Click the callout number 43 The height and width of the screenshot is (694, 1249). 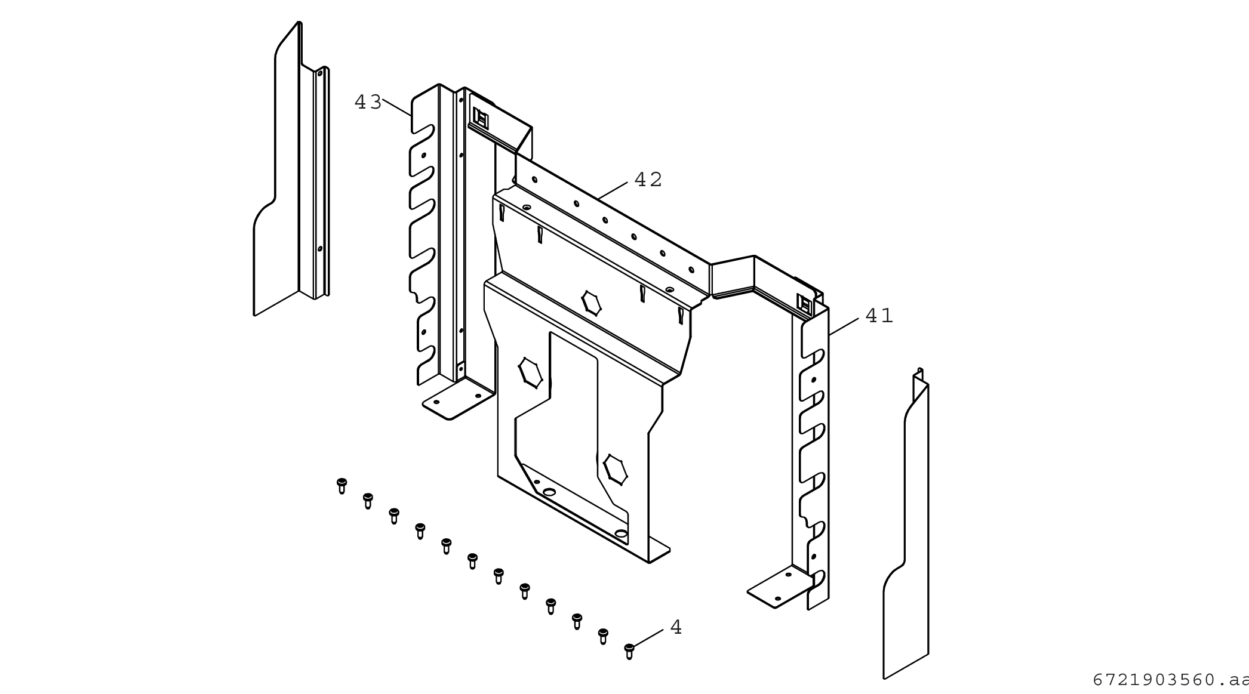(x=368, y=103)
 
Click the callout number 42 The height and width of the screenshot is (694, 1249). (x=648, y=180)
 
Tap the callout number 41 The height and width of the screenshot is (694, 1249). (x=879, y=316)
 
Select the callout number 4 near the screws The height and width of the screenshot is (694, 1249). (x=676, y=627)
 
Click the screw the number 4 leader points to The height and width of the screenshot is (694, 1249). (x=629, y=650)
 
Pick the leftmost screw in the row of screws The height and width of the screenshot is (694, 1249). (x=342, y=485)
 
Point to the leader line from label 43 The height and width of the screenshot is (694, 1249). (x=397, y=108)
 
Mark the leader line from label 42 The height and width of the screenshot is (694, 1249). (x=612, y=190)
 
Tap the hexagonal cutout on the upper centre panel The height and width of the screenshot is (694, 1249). (x=591, y=303)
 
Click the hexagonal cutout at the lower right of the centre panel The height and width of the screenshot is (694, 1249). (x=615, y=470)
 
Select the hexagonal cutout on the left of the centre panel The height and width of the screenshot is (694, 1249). (x=530, y=373)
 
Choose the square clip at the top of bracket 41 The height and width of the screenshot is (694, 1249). (x=805, y=305)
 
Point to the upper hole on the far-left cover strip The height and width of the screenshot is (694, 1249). (x=319, y=74)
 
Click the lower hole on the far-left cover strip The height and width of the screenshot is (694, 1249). (x=320, y=249)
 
